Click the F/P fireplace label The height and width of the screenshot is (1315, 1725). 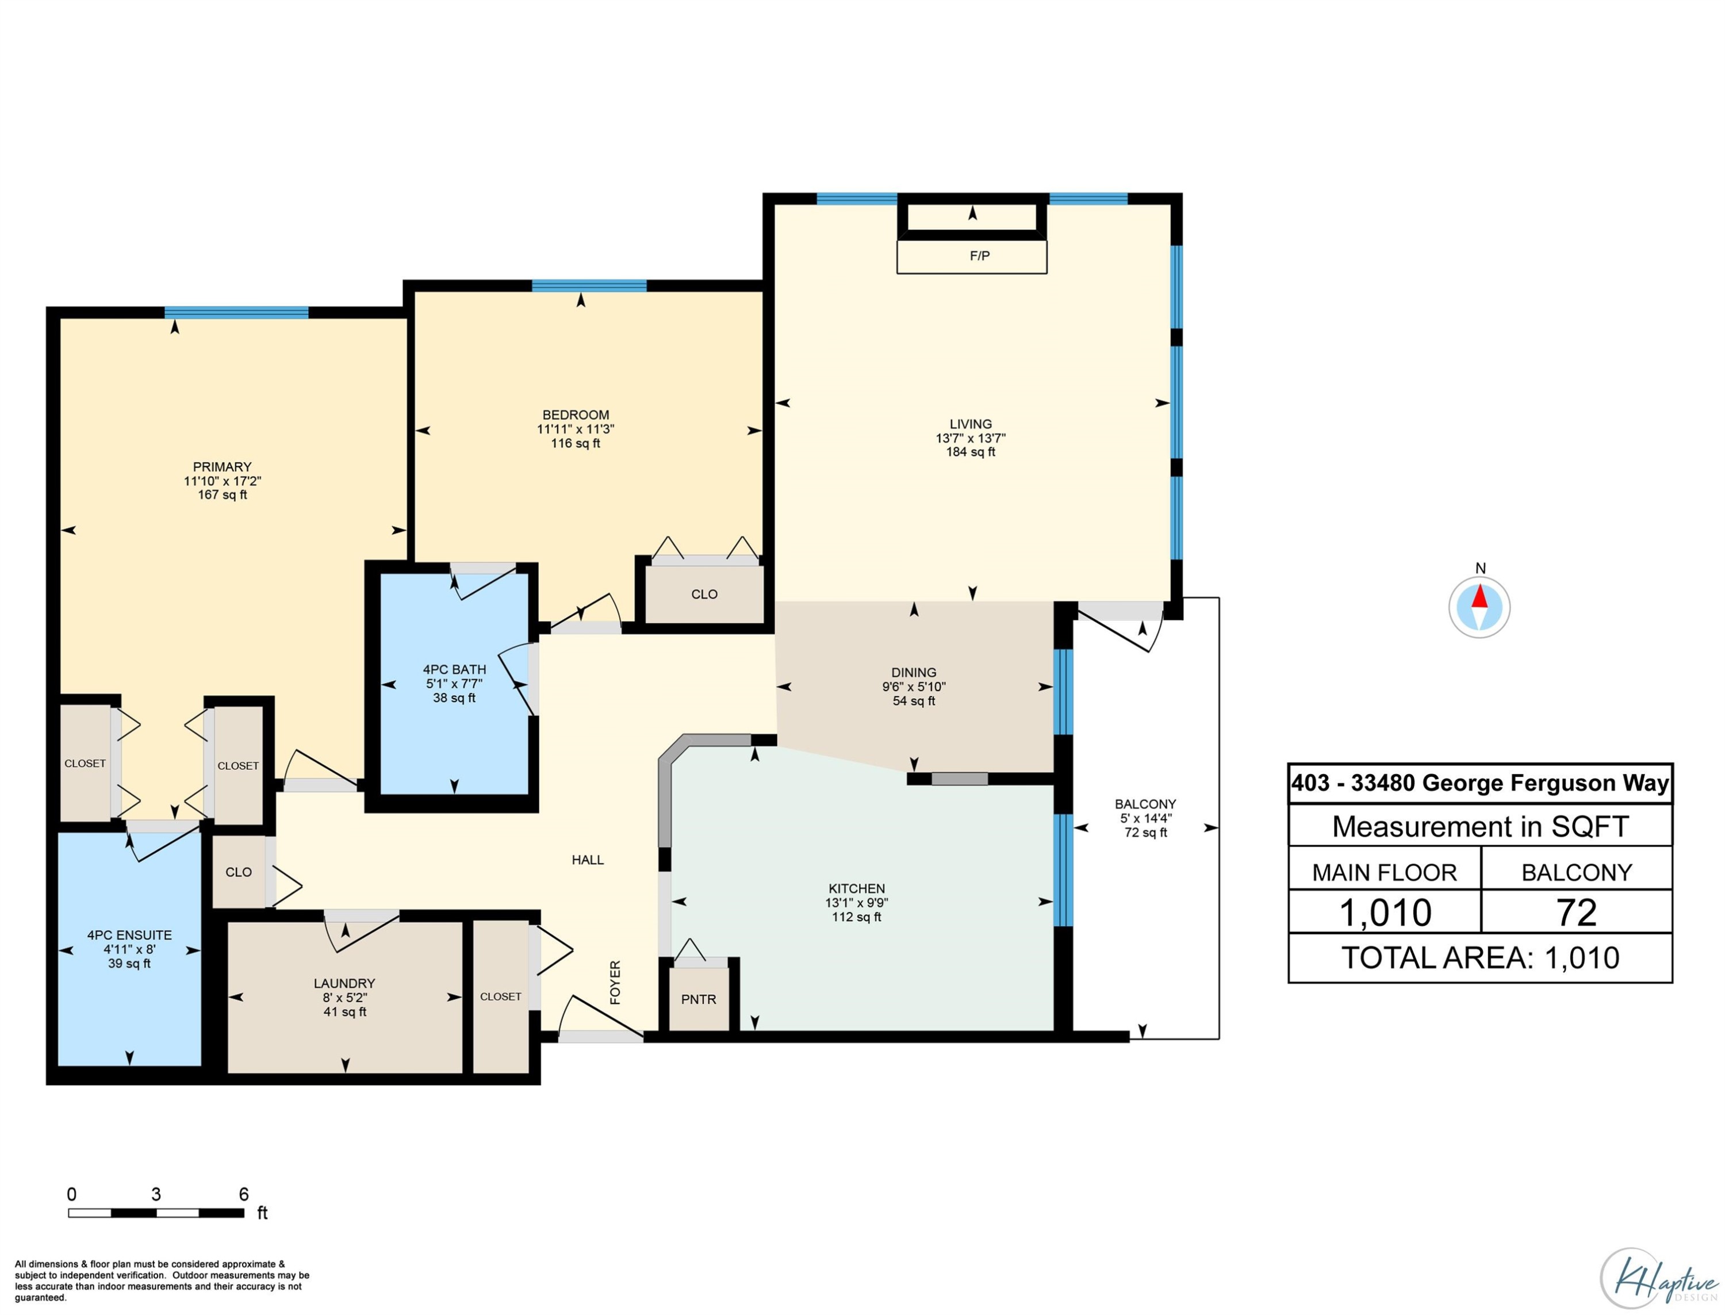coord(979,256)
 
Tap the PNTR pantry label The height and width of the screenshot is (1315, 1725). coord(698,999)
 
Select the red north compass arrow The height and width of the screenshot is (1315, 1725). coord(1478,596)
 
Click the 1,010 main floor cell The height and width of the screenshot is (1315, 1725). coord(1385,913)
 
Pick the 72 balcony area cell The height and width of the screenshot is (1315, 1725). coord(1576,913)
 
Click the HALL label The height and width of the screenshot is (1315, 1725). coord(587,860)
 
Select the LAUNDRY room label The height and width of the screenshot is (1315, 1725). coord(344,983)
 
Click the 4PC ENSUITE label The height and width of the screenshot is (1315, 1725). coord(129,936)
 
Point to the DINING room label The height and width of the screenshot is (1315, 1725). coord(913,672)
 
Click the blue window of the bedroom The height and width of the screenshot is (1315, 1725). coord(589,286)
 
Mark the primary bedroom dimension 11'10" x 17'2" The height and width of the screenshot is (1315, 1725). coord(223,481)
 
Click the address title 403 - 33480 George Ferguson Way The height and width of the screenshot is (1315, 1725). coord(1480,784)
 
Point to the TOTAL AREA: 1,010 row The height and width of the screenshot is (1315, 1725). coord(1480,958)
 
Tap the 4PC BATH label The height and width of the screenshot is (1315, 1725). coord(454,669)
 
